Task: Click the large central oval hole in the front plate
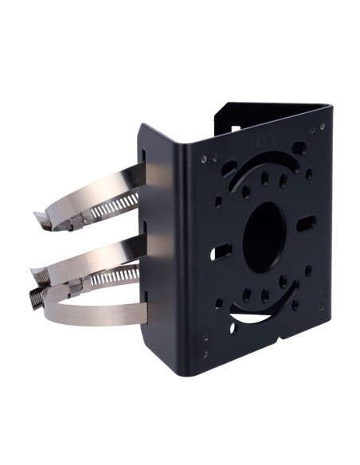point(264,231)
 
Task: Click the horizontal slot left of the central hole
point(223,253)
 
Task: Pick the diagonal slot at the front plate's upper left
point(229,168)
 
